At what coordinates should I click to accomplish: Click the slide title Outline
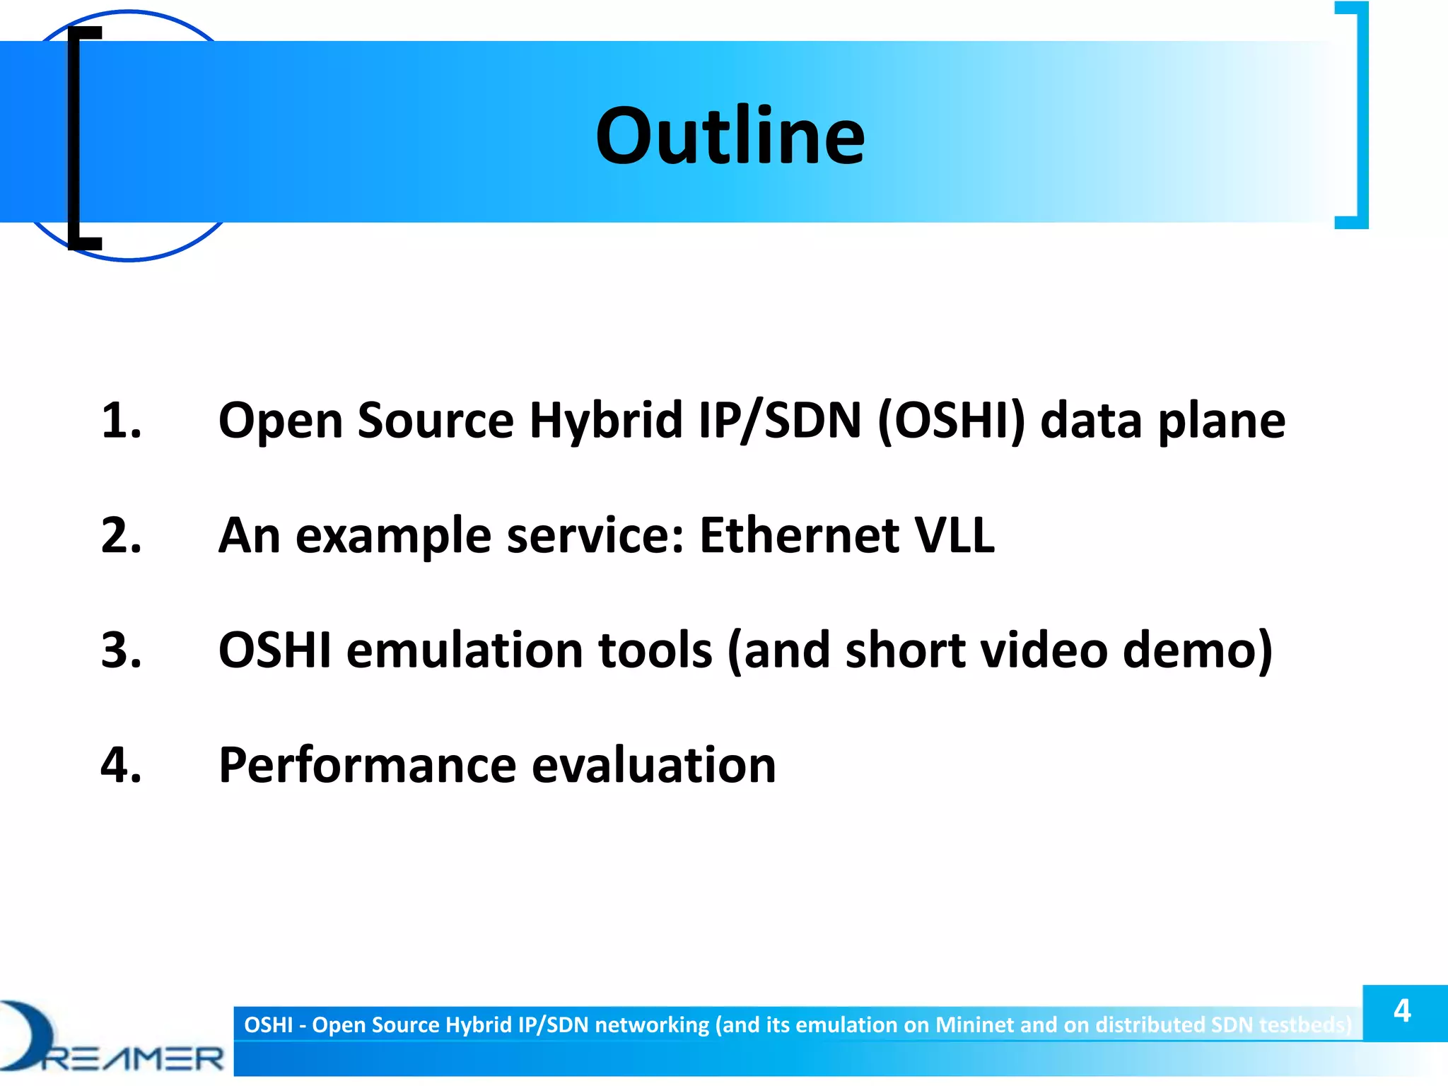[x=730, y=136]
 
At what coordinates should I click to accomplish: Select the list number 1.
[x=121, y=421]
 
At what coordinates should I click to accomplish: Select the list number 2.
[x=121, y=535]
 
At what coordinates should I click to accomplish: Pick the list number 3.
[x=121, y=650]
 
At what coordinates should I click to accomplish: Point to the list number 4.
[x=121, y=765]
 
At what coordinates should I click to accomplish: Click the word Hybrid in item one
[x=606, y=421]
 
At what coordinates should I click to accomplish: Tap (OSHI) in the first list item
[x=951, y=421]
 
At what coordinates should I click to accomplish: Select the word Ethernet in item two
[x=799, y=535]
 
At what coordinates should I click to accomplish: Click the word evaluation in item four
[x=653, y=765]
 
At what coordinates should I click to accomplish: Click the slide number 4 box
[x=1403, y=1012]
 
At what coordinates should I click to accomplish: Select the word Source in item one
[x=436, y=421]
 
